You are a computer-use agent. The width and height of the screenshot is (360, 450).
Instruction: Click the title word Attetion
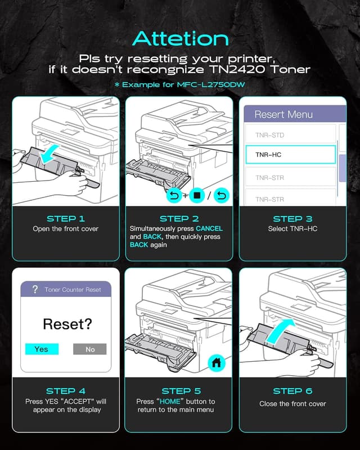click(x=181, y=38)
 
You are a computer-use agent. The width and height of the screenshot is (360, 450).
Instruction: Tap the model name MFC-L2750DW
click(x=211, y=85)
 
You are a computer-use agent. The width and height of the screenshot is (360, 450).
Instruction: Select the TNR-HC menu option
click(x=290, y=155)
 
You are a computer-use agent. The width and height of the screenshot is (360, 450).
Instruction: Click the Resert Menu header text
click(x=283, y=115)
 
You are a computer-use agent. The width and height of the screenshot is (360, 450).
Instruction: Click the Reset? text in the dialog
click(x=67, y=324)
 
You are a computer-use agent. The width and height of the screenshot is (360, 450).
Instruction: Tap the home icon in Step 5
click(x=217, y=363)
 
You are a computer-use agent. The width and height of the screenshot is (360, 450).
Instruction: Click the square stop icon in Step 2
click(x=197, y=195)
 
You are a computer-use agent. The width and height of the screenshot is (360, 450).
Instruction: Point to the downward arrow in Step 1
click(x=49, y=154)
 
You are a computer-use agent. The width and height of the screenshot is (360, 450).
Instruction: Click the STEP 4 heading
click(x=66, y=391)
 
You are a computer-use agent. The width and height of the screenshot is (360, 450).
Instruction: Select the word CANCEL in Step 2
click(x=209, y=228)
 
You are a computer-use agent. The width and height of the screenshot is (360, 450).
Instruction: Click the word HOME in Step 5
click(x=170, y=401)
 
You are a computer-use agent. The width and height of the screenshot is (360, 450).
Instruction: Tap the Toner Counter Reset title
click(x=73, y=290)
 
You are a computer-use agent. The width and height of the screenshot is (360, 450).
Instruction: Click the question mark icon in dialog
click(x=35, y=289)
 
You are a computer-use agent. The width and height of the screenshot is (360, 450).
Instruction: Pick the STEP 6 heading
click(x=292, y=391)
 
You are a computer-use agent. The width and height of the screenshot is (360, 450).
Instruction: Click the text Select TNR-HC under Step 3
click(x=292, y=229)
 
